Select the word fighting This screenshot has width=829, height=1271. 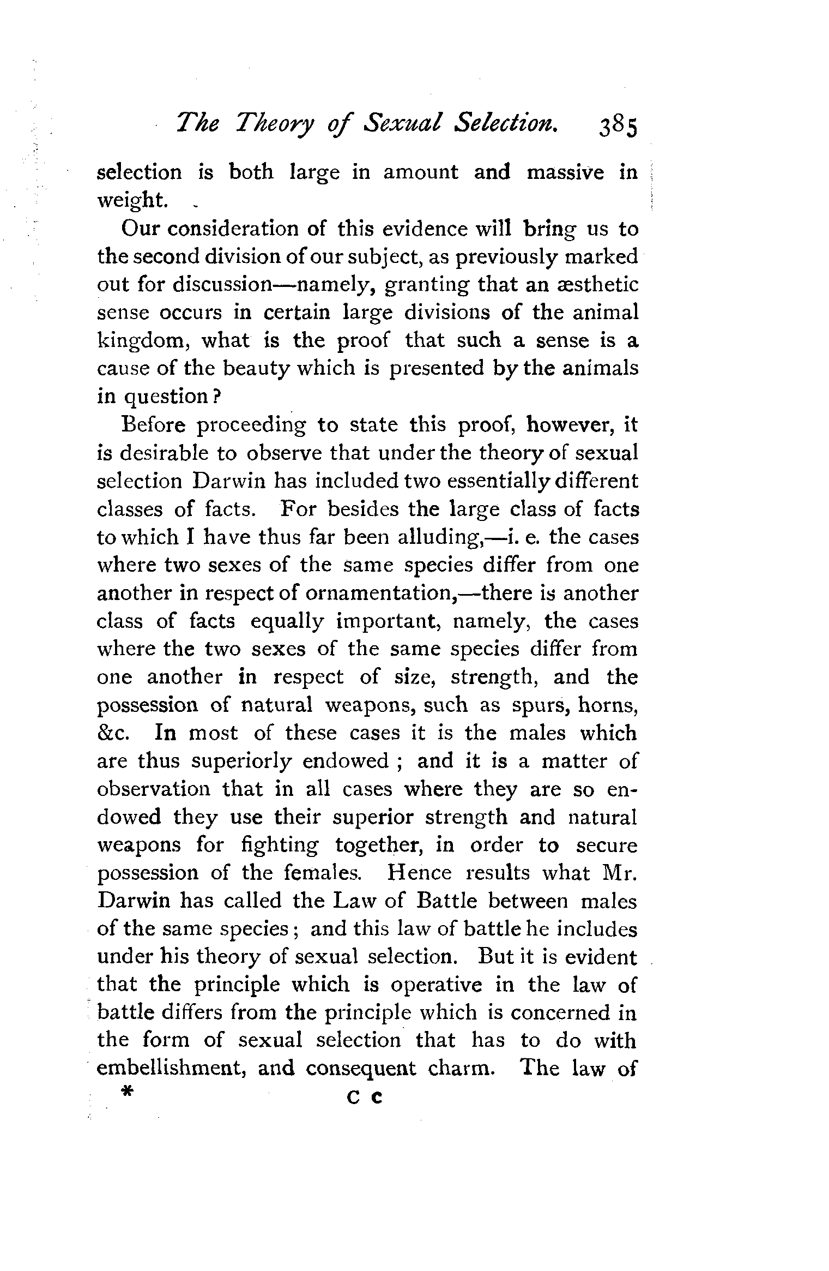click(279, 846)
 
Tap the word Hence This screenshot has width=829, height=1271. click(419, 873)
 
